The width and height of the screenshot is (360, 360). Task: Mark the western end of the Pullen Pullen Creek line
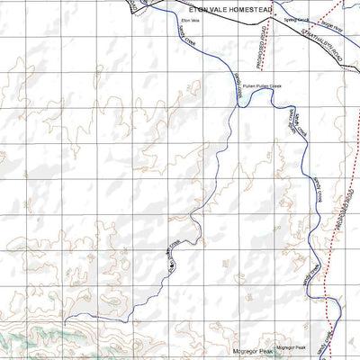point(70,315)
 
